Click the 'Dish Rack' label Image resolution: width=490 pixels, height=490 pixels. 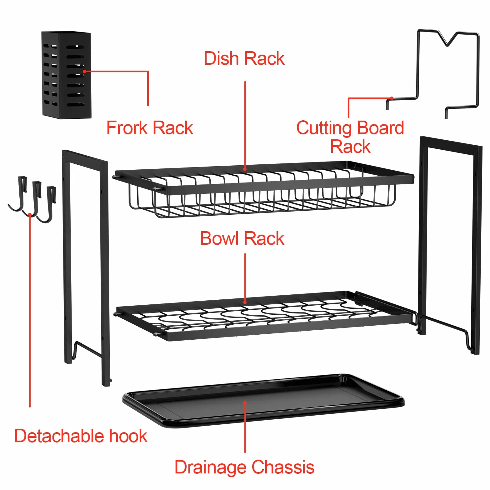[244, 58]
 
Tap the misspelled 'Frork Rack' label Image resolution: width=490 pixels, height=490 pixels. [150, 128]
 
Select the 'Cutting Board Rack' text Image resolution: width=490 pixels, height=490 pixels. [350, 137]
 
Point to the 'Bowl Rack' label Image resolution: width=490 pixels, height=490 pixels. [242, 238]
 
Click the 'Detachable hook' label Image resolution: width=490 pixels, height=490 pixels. [81, 436]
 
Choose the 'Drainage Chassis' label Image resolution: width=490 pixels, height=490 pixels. [244, 467]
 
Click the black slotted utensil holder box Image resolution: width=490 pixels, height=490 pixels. [66, 75]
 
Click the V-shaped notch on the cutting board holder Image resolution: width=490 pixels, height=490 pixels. [447, 39]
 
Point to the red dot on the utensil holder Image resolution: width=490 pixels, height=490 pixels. [84, 71]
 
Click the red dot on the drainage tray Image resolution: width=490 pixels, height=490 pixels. [245, 403]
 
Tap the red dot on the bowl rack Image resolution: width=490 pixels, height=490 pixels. [245, 302]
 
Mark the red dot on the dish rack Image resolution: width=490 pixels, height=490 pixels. [245, 169]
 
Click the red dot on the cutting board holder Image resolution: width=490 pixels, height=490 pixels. [392, 98]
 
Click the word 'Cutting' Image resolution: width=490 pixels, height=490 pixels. [324, 128]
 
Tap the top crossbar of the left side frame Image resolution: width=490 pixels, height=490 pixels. [85, 157]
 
